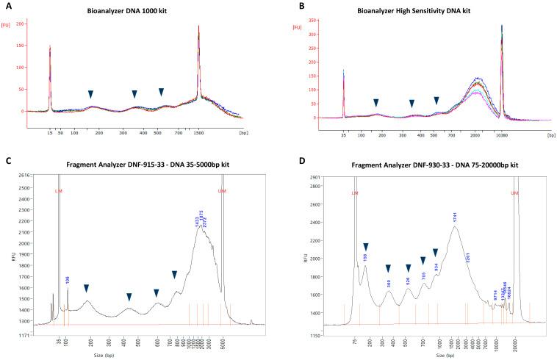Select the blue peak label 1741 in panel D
coord(455,217)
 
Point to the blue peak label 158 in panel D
coord(364,258)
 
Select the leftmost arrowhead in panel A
coord(90,94)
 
